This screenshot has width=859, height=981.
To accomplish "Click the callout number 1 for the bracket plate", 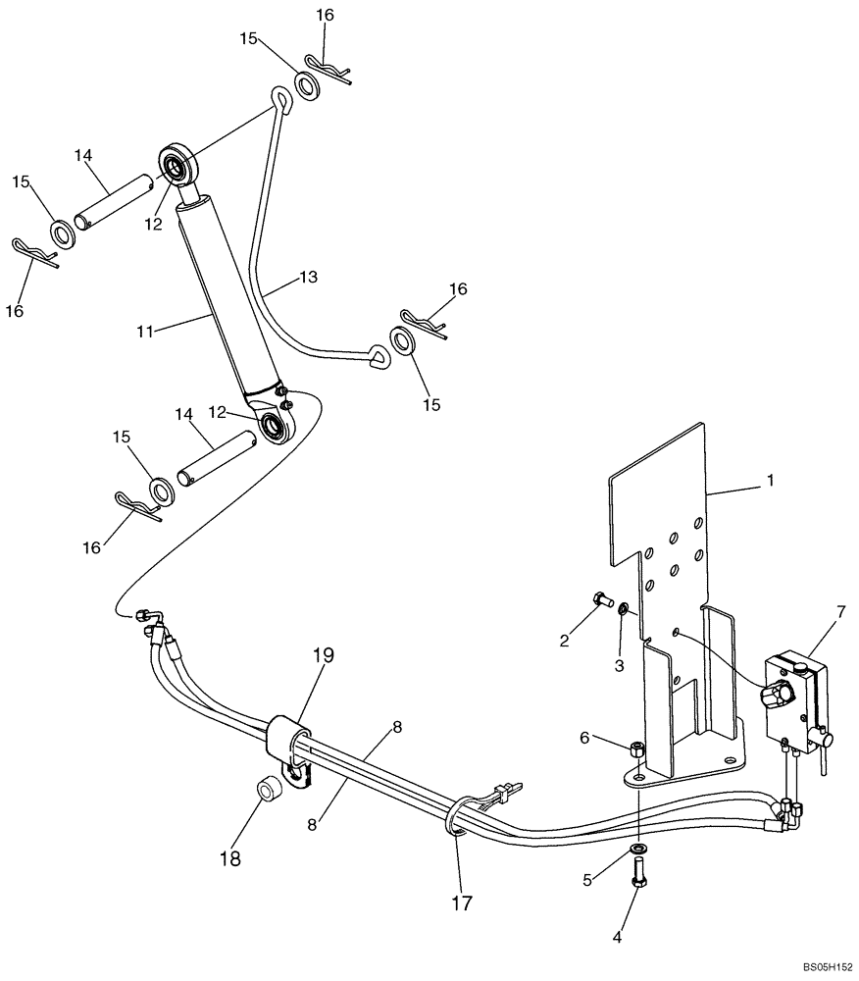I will pyautogui.click(x=770, y=481).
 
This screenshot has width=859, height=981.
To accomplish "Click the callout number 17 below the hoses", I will pyautogui.click(x=460, y=902).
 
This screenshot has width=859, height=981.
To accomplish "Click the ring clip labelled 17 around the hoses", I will pyautogui.click(x=457, y=820).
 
